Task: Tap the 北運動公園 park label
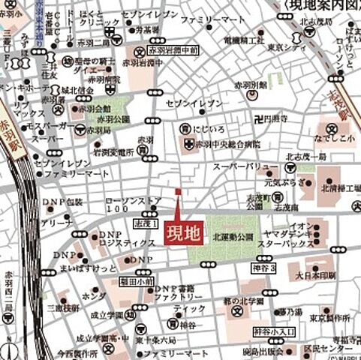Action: (233, 235)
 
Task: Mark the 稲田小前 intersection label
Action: (140, 282)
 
